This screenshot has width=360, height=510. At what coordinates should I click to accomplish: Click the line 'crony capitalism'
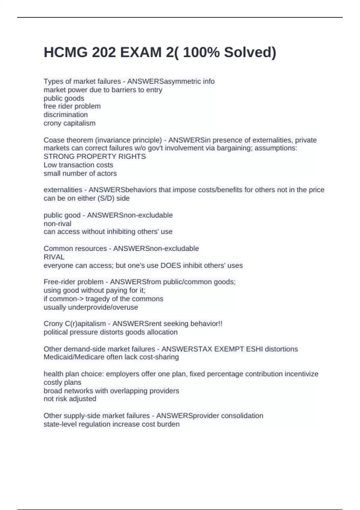(x=70, y=123)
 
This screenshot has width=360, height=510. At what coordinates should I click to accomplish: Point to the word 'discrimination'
(x=66, y=115)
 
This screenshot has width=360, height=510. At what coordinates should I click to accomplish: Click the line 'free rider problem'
(x=72, y=106)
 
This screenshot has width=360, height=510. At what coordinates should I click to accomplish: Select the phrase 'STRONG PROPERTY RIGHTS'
(x=95, y=157)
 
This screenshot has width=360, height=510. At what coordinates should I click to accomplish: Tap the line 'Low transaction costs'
(x=78, y=165)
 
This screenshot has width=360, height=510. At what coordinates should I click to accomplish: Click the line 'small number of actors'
(x=80, y=173)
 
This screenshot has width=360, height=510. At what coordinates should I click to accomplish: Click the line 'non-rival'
(x=57, y=224)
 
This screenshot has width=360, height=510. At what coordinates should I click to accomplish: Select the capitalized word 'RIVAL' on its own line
(x=54, y=257)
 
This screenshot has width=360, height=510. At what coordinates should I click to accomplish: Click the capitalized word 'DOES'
(x=171, y=265)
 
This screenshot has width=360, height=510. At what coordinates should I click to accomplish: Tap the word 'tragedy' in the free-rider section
(x=98, y=299)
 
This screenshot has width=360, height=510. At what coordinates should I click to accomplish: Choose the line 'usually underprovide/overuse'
(x=91, y=307)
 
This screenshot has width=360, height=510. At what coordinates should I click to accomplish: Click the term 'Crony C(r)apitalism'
(x=75, y=324)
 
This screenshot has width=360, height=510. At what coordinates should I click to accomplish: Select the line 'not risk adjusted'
(x=70, y=399)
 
